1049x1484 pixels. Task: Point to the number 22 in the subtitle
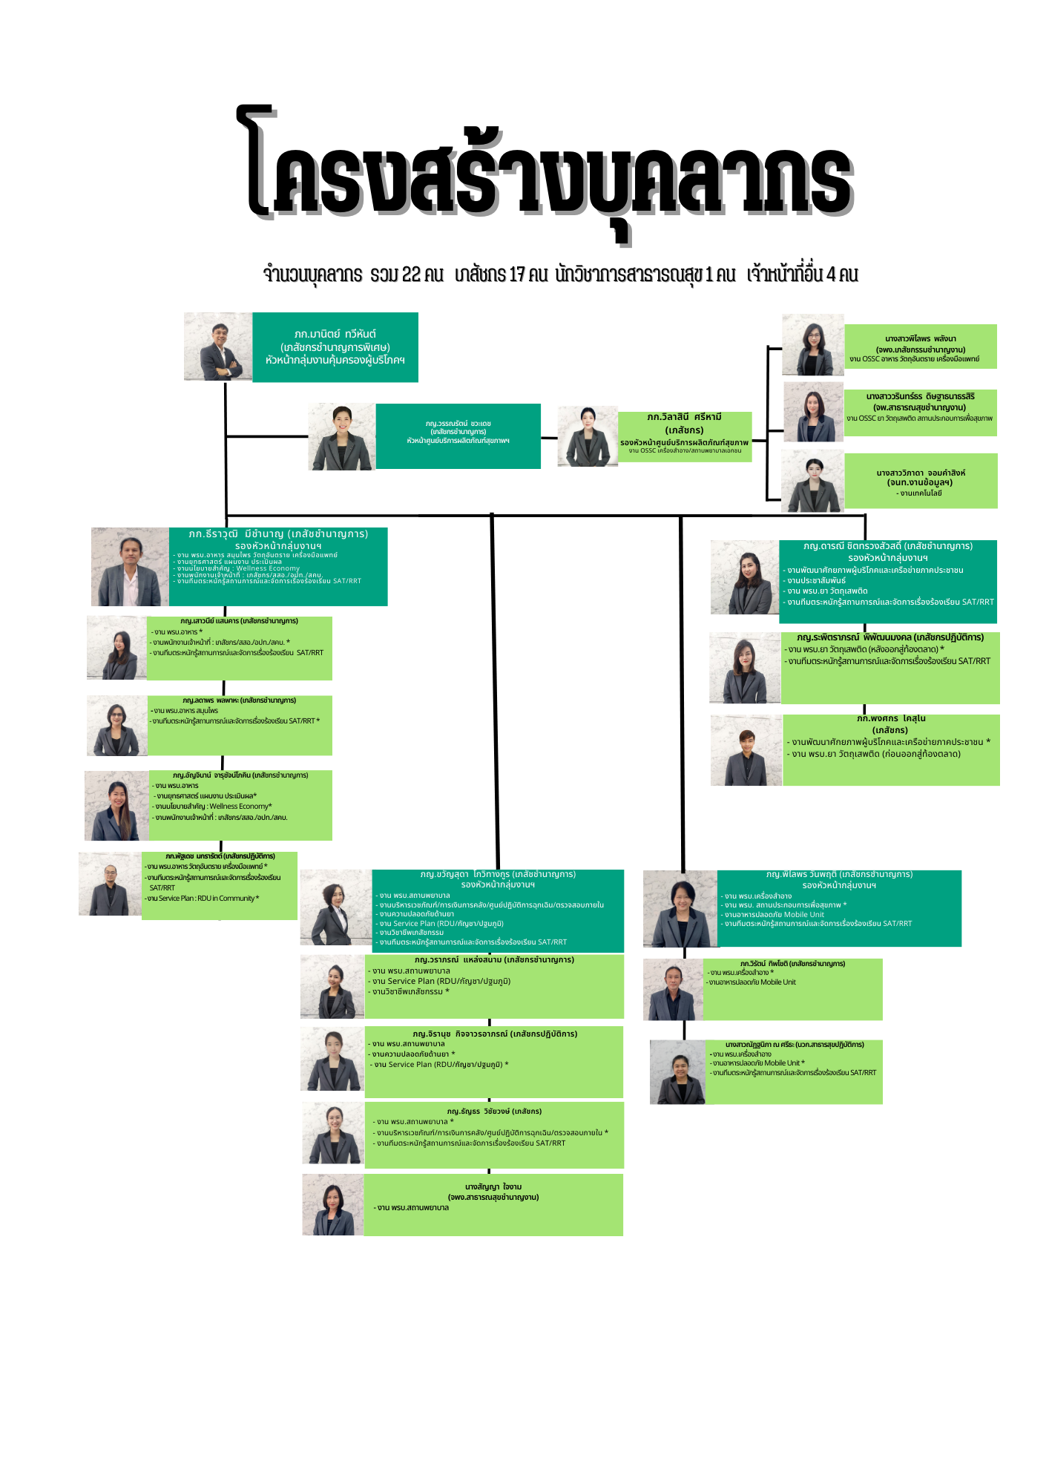point(411,275)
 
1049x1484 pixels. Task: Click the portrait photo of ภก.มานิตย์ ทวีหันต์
point(218,347)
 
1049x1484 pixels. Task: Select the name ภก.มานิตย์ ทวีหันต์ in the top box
point(335,335)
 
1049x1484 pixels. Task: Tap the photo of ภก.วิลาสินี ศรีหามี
point(588,436)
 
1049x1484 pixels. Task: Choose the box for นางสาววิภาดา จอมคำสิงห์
point(920,482)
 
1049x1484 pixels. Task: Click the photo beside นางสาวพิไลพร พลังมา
point(813,345)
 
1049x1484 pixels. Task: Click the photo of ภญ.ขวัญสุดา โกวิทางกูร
point(335,907)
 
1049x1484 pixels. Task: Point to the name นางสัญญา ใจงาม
point(493,1187)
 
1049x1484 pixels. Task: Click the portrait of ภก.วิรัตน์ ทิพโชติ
point(673,990)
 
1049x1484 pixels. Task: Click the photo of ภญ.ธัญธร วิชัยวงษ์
point(333,1133)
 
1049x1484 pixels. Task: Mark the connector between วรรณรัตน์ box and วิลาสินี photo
point(549,438)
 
